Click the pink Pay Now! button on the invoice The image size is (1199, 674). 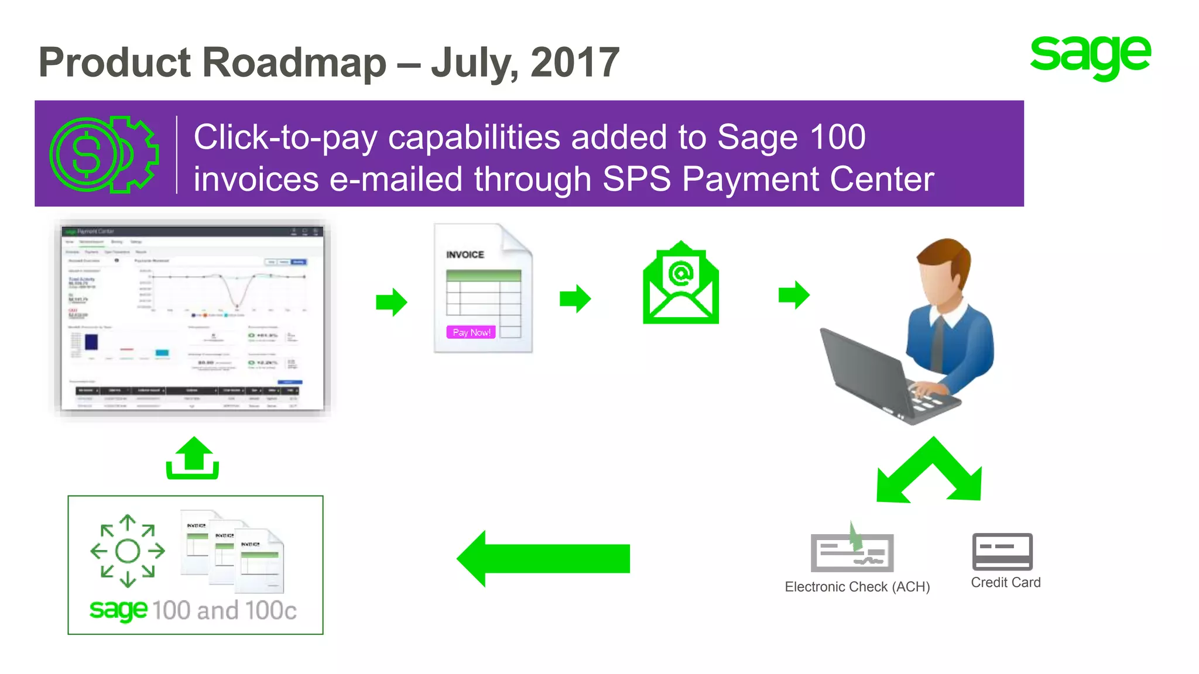coord(471,332)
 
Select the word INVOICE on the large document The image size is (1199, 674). coord(465,255)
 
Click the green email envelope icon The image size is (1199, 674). coord(680,284)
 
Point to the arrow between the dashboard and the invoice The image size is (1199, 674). coord(391,302)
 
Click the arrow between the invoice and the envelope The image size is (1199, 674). coord(575,298)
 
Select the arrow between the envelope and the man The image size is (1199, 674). coord(794,295)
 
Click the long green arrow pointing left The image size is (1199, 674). coord(543,559)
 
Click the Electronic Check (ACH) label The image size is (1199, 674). coord(857,587)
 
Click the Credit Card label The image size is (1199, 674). coord(1005,583)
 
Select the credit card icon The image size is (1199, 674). coord(1002,551)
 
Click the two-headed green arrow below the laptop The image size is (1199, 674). coord(930,471)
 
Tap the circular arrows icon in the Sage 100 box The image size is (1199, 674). coord(128,551)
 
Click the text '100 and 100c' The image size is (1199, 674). coord(224,610)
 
